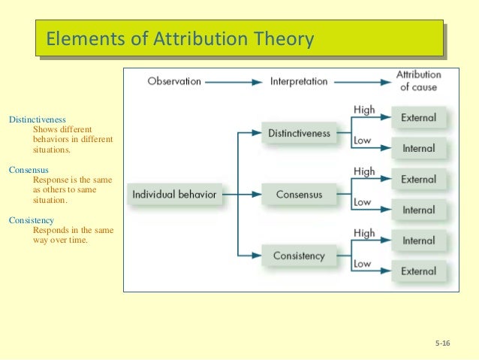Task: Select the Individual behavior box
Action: pos(174,195)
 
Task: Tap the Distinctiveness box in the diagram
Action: pos(299,134)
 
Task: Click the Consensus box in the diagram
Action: pos(299,195)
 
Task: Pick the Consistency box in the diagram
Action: pos(299,256)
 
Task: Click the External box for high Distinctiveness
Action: pos(418,118)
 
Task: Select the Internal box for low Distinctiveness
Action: pos(418,149)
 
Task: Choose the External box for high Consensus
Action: pos(418,180)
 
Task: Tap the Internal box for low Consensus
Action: pos(418,210)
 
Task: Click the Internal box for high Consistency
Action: pos(418,241)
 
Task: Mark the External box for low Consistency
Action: pos(418,271)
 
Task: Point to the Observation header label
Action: pos(174,81)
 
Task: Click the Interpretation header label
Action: pos(298,81)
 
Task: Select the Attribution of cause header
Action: pos(418,81)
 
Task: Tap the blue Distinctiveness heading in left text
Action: pos(37,119)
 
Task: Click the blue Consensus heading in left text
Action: pos(29,170)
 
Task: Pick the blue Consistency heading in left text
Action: pos(31,220)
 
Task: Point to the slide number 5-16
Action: pos(441,343)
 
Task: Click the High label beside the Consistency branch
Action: pos(363,233)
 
